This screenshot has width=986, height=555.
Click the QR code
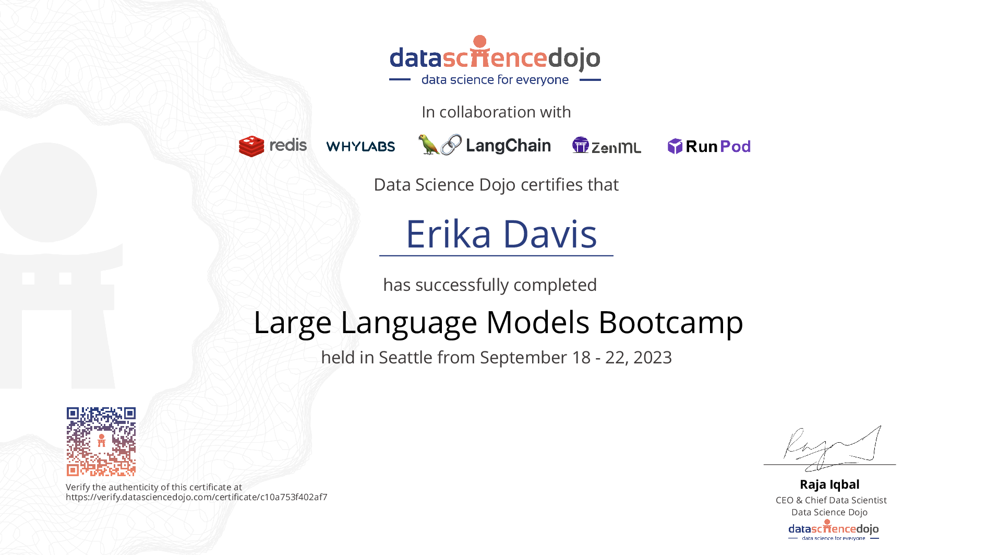pos(101,442)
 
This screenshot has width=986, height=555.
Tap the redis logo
pos(273,146)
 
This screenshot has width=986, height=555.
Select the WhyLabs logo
pos(360,147)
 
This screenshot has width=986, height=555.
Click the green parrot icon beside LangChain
pos(428,145)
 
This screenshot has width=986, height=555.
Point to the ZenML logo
pos(606,146)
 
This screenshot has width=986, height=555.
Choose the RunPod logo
pos(709,146)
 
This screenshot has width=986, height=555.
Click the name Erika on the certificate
pos(449,234)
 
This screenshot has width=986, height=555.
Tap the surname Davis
pos(550,234)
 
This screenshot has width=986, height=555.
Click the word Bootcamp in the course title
pos(670,322)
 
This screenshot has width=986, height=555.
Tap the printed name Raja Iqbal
pos(829,485)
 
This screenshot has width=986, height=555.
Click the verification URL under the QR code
pos(197,497)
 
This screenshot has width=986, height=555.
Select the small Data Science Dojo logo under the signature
pos(834,530)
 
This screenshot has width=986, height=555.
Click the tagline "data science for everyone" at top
pos(495,80)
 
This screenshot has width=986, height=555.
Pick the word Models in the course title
pos(538,322)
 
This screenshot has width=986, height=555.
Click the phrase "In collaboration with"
pos(496,112)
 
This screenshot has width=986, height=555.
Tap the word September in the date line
pos(523,358)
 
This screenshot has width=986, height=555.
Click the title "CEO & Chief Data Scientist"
pos(831,500)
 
